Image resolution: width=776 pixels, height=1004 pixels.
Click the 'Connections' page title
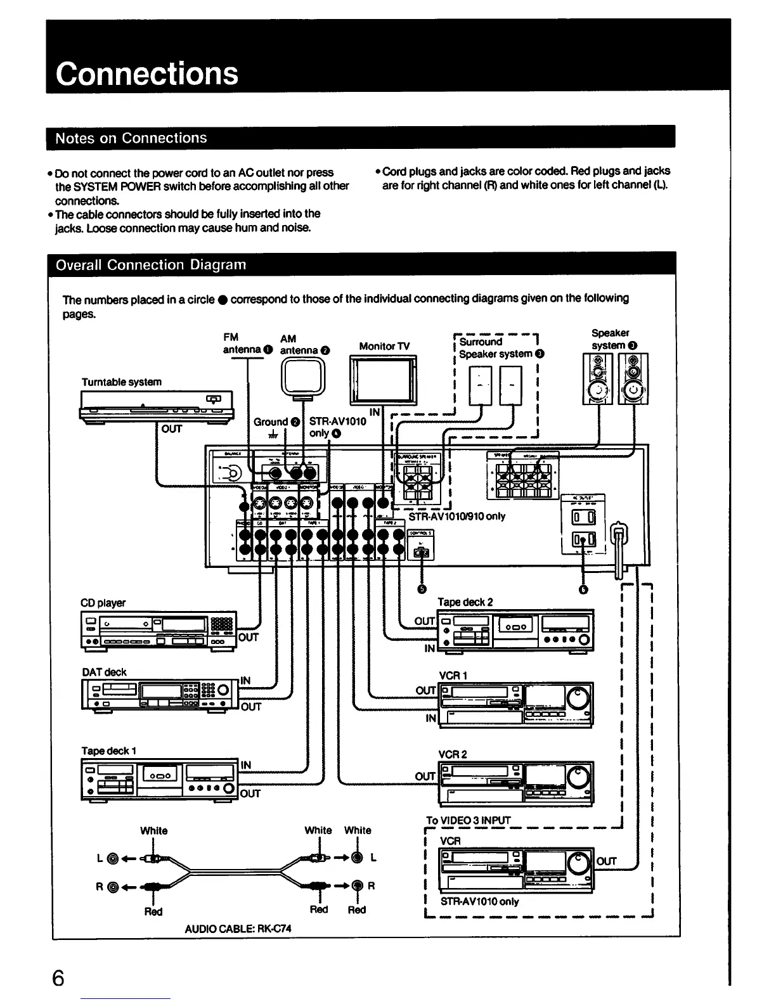(147, 74)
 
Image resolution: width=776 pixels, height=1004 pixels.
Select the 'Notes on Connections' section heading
(131, 138)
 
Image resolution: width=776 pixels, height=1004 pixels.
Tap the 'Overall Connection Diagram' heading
(151, 265)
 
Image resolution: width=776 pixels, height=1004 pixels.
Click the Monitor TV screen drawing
(384, 380)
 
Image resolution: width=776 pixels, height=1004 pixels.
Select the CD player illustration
(158, 630)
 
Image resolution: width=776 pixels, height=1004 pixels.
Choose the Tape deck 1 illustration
(159, 779)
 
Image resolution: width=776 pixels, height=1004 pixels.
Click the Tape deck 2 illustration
(516, 631)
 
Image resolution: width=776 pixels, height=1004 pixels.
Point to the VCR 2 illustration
(516, 783)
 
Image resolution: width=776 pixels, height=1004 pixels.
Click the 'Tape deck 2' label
(465, 602)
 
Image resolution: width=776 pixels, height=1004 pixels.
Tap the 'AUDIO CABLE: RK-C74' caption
(238, 929)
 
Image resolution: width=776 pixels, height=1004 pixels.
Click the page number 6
(58, 978)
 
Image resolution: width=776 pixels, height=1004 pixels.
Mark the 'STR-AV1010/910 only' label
(457, 517)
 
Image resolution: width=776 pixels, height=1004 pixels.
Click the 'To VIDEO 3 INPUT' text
(469, 820)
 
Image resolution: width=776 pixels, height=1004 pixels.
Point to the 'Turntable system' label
(122, 382)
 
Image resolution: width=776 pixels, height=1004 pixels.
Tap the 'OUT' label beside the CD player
(249, 637)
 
